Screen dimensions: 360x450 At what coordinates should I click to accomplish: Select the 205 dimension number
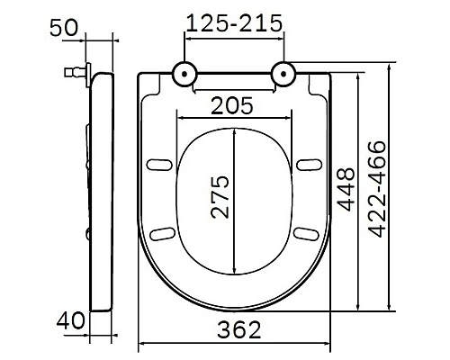[x=232, y=105]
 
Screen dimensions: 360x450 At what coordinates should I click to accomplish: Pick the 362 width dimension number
[x=236, y=329]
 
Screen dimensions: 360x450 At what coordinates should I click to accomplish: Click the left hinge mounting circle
[x=184, y=74]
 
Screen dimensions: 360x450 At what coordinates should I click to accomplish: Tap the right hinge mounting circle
[x=284, y=74]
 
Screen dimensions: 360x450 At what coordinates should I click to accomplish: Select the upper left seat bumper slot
[x=163, y=164]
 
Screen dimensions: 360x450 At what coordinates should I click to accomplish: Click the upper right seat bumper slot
[x=306, y=164]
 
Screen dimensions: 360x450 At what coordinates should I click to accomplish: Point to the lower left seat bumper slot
[x=163, y=233]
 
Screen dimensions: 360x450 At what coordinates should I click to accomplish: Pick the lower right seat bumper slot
[x=306, y=233]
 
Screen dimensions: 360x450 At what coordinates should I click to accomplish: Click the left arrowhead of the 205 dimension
[x=180, y=117]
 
